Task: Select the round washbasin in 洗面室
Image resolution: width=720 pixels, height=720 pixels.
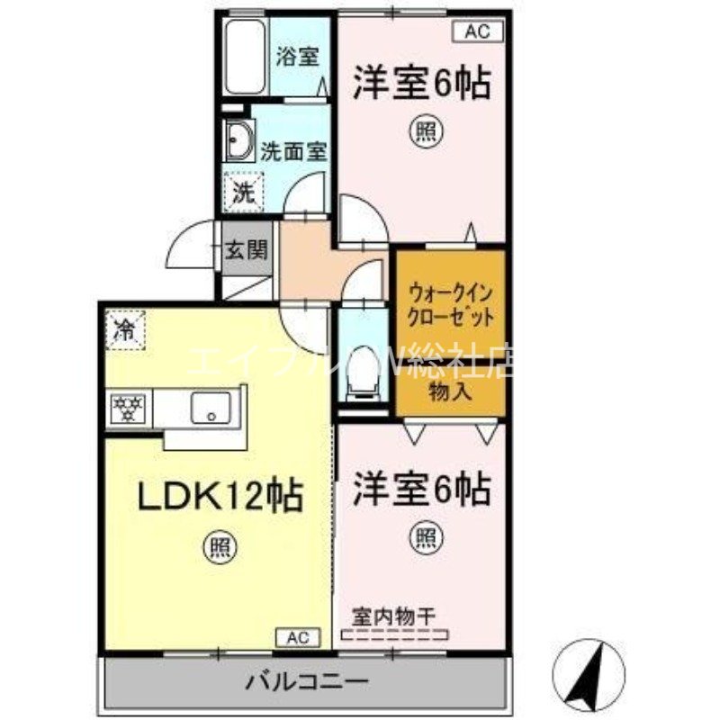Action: (x=239, y=143)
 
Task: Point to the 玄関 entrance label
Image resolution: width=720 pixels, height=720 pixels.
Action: (x=246, y=249)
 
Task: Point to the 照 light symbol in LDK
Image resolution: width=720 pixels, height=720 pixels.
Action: (x=216, y=546)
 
